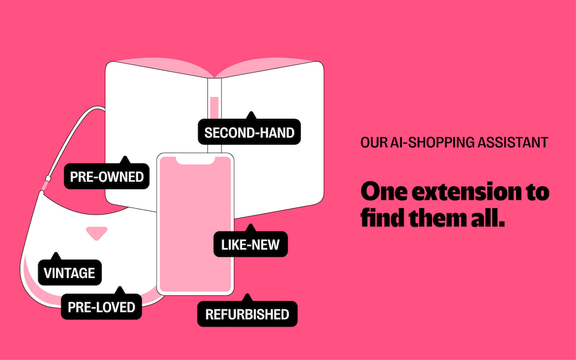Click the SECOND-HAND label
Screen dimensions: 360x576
tap(249, 132)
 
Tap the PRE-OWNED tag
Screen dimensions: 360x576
tap(107, 176)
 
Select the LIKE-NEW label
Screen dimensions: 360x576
tap(250, 245)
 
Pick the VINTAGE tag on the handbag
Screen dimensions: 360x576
tap(69, 273)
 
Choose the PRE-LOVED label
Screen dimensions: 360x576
tap(101, 307)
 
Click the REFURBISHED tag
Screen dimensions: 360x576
tap(247, 314)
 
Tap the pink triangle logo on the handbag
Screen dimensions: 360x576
tap(97, 233)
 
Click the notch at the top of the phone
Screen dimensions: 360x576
tap(195, 160)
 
